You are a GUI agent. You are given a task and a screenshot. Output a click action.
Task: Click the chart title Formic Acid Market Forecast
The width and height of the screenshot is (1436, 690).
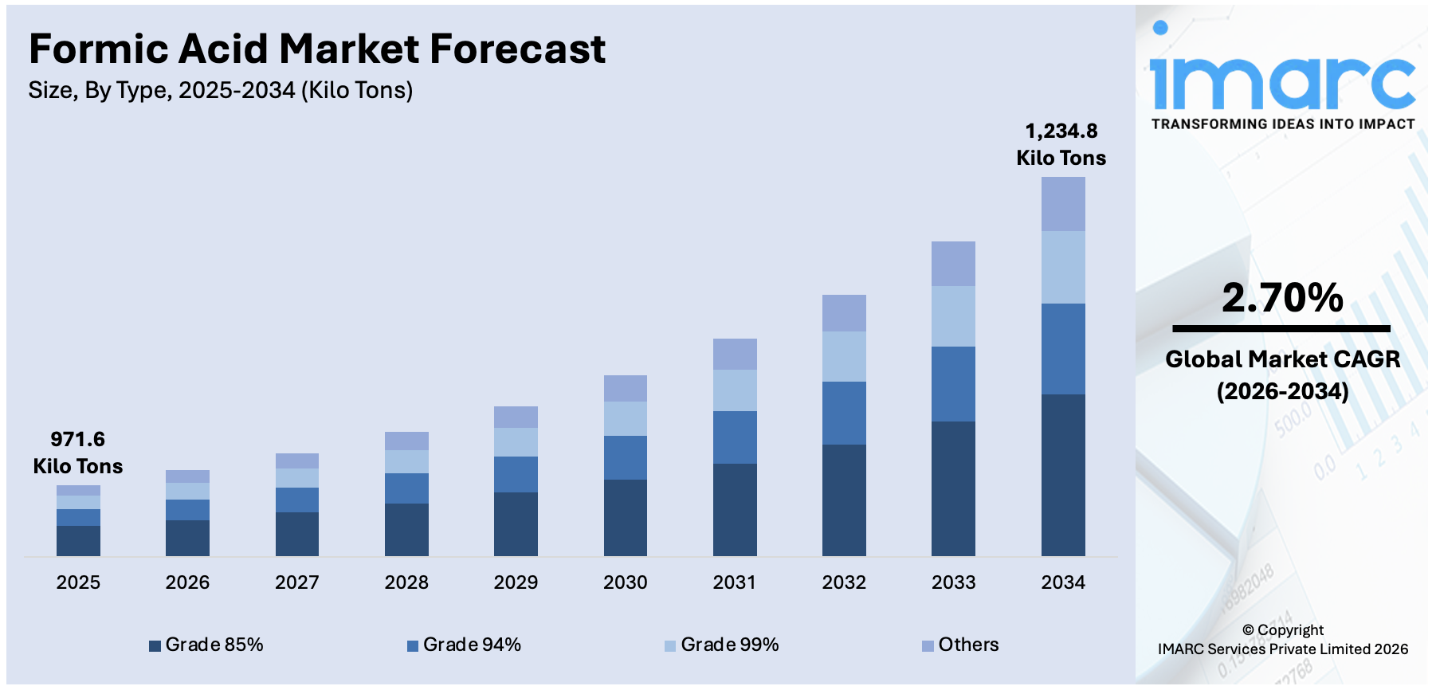pyautogui.click(x=317, y=49)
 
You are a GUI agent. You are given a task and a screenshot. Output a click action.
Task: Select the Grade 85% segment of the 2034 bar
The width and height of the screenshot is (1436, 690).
pyautogui.click(x=1062, y=475)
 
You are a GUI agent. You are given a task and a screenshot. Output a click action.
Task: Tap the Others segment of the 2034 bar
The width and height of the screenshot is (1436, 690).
pyautogui.click(x=1062, y=204)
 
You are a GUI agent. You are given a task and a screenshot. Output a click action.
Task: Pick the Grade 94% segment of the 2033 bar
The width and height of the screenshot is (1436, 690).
pyautogui.click(x=953, y=384)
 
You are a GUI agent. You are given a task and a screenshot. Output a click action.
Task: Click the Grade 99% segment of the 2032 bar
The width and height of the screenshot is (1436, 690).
pyautogui.click(x=844, y=356)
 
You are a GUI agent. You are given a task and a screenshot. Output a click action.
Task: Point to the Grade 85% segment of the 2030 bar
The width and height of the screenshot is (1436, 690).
pyautogui.click(x=625, y=517)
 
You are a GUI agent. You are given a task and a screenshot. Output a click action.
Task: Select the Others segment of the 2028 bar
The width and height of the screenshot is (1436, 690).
pyautogui.click(x=406, y=441)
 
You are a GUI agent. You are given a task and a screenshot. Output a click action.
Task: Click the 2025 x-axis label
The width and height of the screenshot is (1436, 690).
pyautogui.click(x=78, y=582)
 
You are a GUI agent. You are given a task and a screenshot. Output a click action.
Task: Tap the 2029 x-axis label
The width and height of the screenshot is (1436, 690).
pyautogui.click(x=516, y=582)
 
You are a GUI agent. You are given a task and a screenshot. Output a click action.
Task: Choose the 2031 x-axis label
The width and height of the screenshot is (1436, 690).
pyautogui.click(x=734, y=582)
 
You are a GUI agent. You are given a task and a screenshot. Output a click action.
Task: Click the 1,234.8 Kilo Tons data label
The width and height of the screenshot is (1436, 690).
pyautogui.click(x=1061, y=144)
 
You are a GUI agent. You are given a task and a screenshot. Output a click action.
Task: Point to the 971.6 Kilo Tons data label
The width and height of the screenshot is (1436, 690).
pyautogui.click(x=77, y=453)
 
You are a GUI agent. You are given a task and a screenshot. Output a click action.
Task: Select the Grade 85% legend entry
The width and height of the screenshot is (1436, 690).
pyautogui.click(x=206, y=645)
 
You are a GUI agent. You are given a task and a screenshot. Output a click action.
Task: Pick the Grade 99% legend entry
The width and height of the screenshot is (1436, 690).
pyautogui.click(x=722, y=645)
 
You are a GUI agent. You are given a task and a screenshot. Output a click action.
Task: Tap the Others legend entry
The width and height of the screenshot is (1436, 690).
pyautogui.click(x=960, y=645)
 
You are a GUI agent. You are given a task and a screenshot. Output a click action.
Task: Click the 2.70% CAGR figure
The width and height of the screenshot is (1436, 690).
pyautogui.click(x=1281, y=298)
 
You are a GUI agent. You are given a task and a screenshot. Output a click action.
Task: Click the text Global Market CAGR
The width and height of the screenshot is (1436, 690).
pyautogui.click(x=1281, y=359)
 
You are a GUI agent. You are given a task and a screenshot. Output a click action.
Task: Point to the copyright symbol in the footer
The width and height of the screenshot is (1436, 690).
pyautogui.click(x=1248, y=630)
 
